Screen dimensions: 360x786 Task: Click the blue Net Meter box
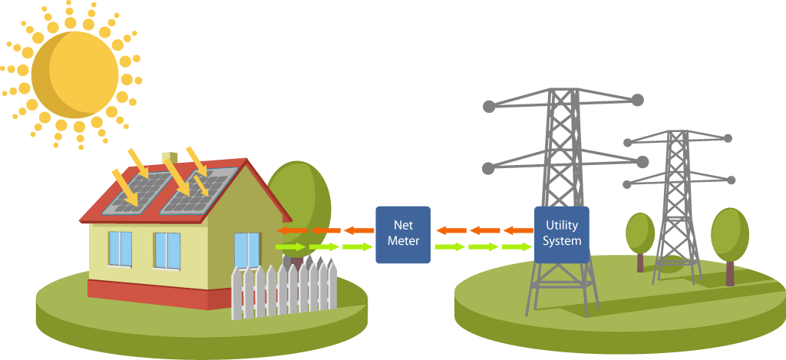point(403,234)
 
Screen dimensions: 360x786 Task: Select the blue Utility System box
point(561,234)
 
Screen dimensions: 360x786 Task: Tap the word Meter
point(403,241)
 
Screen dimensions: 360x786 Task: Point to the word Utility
point(561,226)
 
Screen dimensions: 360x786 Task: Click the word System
point(561,241)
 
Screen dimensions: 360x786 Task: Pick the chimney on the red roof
point(170,162)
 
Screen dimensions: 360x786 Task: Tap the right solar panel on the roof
point(197,190)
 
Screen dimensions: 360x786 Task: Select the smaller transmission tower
point(675,200)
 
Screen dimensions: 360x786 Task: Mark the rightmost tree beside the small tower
point(729,238)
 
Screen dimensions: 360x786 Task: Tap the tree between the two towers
point(639,234)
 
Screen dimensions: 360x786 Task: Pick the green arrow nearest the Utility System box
point(516,246)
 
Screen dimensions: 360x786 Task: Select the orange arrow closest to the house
point(288,230)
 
